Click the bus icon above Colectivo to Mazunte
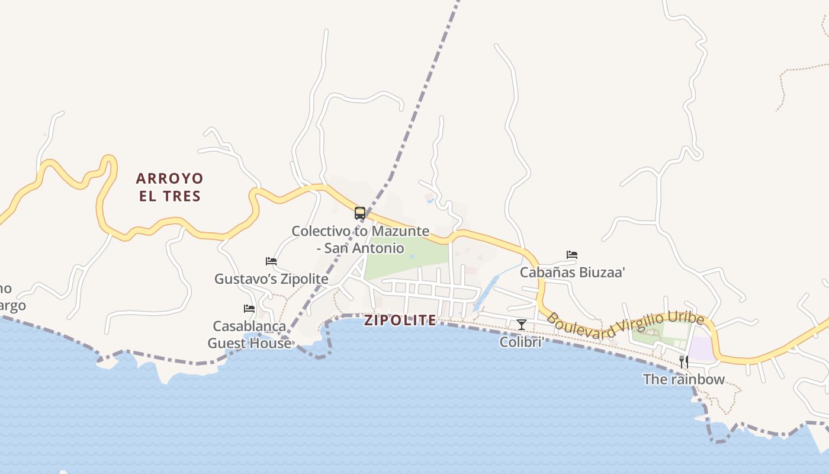click(x=360, y=213)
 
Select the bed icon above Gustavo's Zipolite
click(x=271, y=261)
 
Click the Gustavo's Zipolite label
click(x=271, y=278)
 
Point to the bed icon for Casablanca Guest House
click(x=249, y=309)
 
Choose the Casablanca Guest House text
click(x=249, y=334)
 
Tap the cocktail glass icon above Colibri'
click(x=522, y=324)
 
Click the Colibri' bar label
click(x=522, y=342)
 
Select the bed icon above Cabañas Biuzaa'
click(x=572, y=255)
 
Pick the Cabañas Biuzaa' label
click(x=573, y=273)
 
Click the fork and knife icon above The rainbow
click(x=683, y=361)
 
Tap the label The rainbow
click(x=684, y=379)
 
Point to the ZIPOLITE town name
click(x=400, y=321)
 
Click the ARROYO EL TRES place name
click(x=170, y=187)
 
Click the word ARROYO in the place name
click(x=170, y=178)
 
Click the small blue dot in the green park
click(x=412, y=257)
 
